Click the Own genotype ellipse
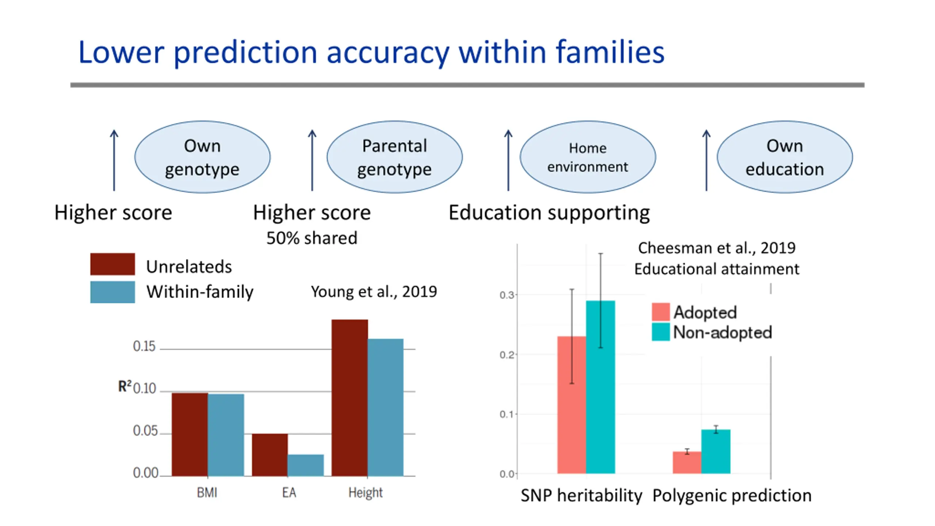click(202, 157)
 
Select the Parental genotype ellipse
click(394, 157)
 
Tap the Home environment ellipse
click(588, 157)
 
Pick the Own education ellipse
click(785, 157)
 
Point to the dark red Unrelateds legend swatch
click(112, 264)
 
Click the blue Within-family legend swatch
click(112, 292)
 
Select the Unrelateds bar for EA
click(270, 455)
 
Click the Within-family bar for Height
click(385, 407)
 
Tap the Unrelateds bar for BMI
click(190, 434)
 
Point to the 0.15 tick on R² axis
click(144, 346)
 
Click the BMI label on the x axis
click(207, 493)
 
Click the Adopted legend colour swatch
click(661, 312)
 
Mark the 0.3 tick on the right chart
click(507, 295)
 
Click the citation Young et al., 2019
click(374, 291)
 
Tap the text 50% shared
click(312, 238)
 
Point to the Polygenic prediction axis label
click(732, 496)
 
